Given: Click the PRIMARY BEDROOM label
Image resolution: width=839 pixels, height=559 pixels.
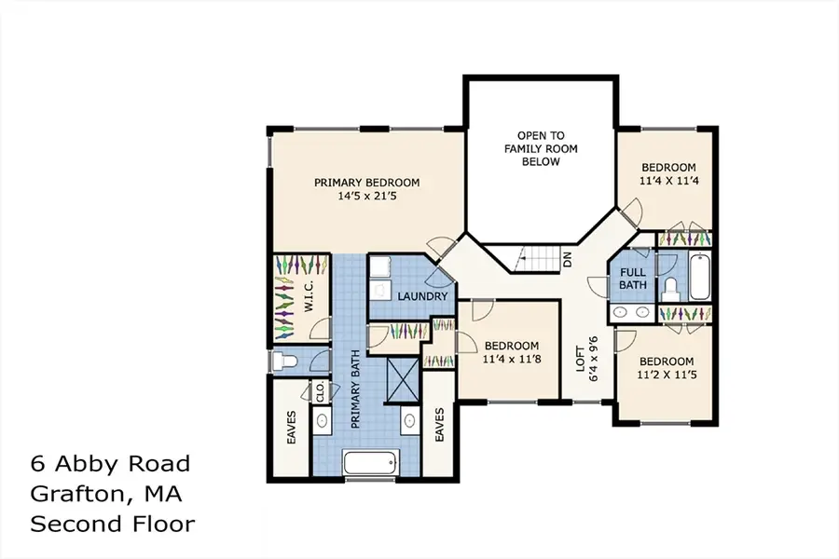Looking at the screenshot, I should coord(366,183).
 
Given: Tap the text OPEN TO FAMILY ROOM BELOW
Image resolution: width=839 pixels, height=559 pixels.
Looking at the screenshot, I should coord(540,148).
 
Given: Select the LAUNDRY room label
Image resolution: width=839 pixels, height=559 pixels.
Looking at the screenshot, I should coord(423,296).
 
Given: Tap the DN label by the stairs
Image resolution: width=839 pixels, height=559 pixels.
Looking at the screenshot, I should coord(568,261).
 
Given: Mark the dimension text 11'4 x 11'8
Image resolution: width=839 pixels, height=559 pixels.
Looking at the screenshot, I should coord(511,358).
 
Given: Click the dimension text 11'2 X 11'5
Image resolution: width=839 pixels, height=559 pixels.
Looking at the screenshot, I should coord(666,375).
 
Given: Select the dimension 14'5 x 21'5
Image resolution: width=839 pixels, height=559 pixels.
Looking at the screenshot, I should coord(366,198).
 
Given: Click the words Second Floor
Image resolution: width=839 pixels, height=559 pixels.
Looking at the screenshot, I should coord(113,524).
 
